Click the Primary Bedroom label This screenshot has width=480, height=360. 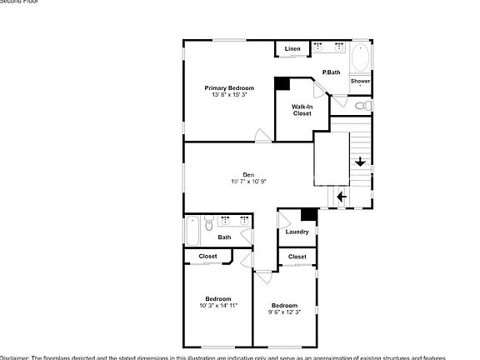pos(229,87)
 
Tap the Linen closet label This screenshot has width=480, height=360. pos(292,49)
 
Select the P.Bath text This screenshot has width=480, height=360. pos(332,72)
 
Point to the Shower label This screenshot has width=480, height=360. pos(360,81)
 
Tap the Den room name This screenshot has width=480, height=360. pos(248,174)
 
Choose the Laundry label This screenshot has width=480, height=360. pos(297,232)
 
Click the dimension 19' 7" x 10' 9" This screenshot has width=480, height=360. pos(248,182)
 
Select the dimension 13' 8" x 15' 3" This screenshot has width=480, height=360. pos(229,95)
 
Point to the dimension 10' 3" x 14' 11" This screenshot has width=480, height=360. pos(218,306)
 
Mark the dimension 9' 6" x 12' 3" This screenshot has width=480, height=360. pos(284,312)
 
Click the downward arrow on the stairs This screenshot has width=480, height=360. pos(360,162)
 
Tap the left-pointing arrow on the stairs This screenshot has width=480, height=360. pos(341,197)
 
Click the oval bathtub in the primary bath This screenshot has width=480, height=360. pos(360,58)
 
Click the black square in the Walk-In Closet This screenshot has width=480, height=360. pos(282,83)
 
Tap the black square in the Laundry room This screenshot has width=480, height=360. pos(308,214)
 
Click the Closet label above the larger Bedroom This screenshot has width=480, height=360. pos(207,257)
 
